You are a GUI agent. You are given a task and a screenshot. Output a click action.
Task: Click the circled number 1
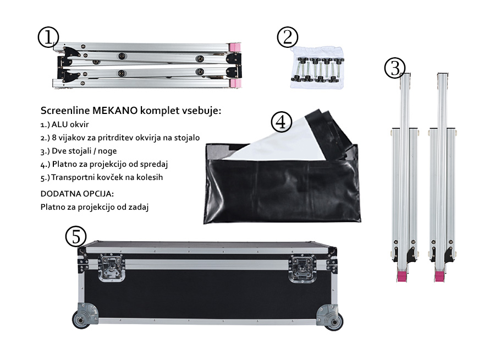point(48,37)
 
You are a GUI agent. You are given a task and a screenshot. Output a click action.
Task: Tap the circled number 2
point(287,37)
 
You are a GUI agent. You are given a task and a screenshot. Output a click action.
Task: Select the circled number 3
point(394,68)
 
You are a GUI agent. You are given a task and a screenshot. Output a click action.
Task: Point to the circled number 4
point(281,122)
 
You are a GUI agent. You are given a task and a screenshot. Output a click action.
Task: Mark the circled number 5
point(76,236)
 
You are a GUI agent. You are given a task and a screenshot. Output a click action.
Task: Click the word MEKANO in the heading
point(115,111)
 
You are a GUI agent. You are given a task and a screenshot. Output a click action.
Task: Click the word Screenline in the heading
point(65,111)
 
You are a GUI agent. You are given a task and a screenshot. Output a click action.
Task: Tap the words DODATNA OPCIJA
point(77,194)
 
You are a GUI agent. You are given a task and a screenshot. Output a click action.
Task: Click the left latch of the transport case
point(111,268)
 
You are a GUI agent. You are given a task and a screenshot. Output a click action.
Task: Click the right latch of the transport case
point(302,268)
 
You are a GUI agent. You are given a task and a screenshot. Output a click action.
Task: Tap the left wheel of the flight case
point(81,320)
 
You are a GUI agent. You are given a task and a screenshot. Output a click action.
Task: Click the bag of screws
point(317,67)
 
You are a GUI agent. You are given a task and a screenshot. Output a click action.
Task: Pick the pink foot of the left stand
point(402,276)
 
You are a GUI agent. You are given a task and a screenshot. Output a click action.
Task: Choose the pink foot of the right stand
point(439,276)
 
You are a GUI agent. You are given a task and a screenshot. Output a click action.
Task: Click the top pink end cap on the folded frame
point(234,47)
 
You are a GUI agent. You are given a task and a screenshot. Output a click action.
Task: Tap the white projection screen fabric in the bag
point(278,139)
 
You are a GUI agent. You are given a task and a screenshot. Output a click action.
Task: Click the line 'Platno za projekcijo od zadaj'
point(95,207)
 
